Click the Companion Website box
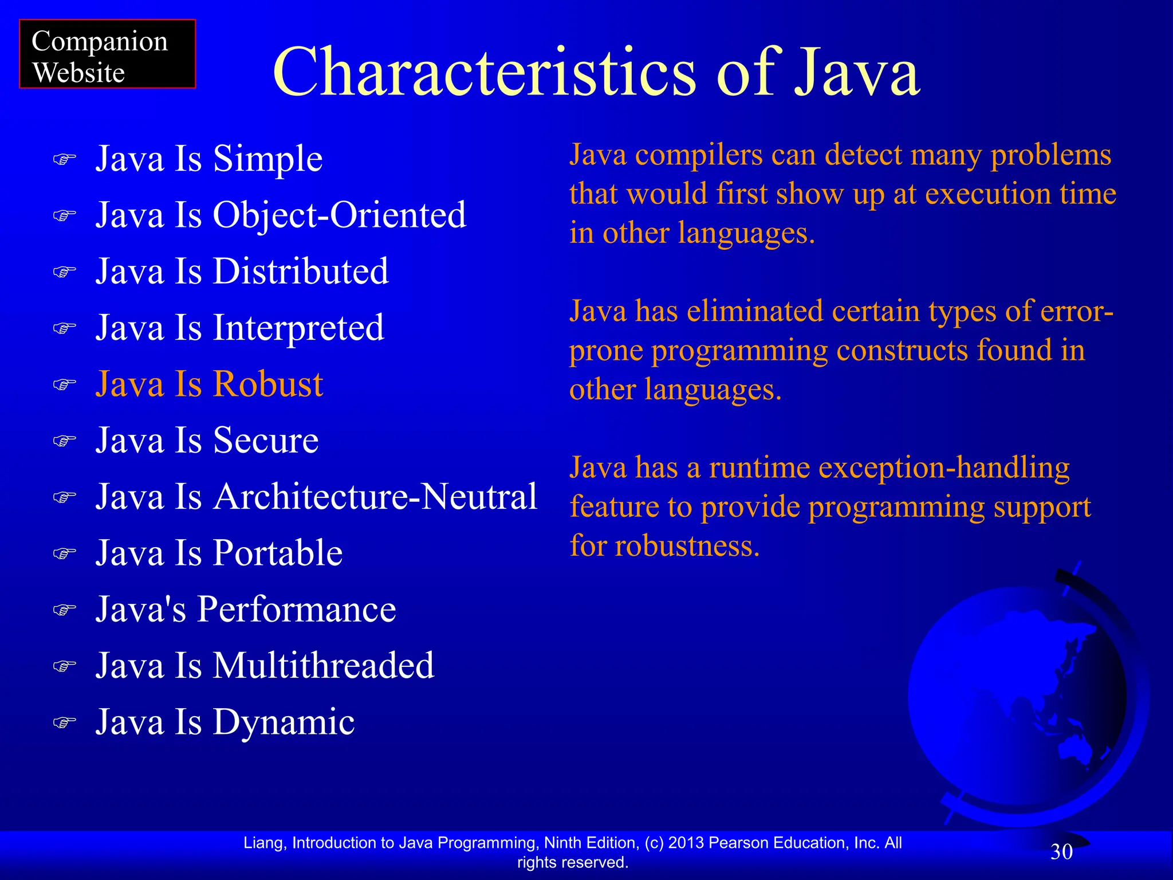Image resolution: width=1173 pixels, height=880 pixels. pos(107,54)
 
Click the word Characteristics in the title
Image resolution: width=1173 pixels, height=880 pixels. pos(484,72)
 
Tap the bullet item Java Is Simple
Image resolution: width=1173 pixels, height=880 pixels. pos(208,159)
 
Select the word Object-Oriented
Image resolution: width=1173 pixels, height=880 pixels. pos(340,215)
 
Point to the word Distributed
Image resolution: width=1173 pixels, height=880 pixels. pos(301,271)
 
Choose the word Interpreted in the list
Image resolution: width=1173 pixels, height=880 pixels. pos(298,328)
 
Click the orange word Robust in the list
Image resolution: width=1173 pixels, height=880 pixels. pos(268,384)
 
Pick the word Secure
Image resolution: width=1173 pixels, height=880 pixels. pos(266,440)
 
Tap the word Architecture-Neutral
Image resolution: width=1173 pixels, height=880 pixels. pos(375,496)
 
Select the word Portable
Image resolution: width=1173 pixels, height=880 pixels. pos(278,553)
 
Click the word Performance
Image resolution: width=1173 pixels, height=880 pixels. pos(297,609)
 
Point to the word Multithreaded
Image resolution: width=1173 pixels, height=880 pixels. pos(324,665)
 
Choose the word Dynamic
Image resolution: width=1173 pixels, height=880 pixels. pos(284,722)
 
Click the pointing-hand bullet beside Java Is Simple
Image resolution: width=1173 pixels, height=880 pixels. pos(64,159)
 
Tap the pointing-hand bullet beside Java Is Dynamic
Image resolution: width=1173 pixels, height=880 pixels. pos(64,722)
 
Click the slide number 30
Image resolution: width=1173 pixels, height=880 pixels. pos(1061,852)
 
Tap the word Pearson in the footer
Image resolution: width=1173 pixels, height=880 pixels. pos(734,843)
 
